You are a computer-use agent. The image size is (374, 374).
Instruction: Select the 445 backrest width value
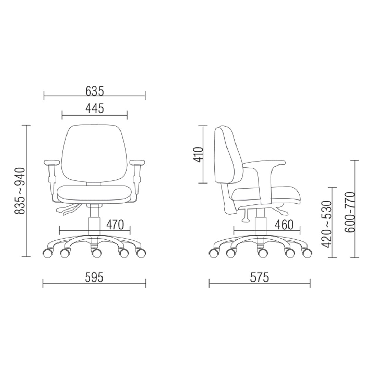(95, 108)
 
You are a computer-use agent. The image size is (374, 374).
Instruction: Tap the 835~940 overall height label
(19, 191)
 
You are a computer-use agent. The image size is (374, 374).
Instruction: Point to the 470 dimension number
(115, 224)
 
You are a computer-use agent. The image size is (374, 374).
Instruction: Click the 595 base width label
(94, 277)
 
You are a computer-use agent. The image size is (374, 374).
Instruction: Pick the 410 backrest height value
(198, 154)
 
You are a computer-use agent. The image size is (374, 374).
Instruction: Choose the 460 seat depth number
(284, 224)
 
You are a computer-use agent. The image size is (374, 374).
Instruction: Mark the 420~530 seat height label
(327, 224)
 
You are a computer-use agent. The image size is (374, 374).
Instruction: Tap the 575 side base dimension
(259, 277)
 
